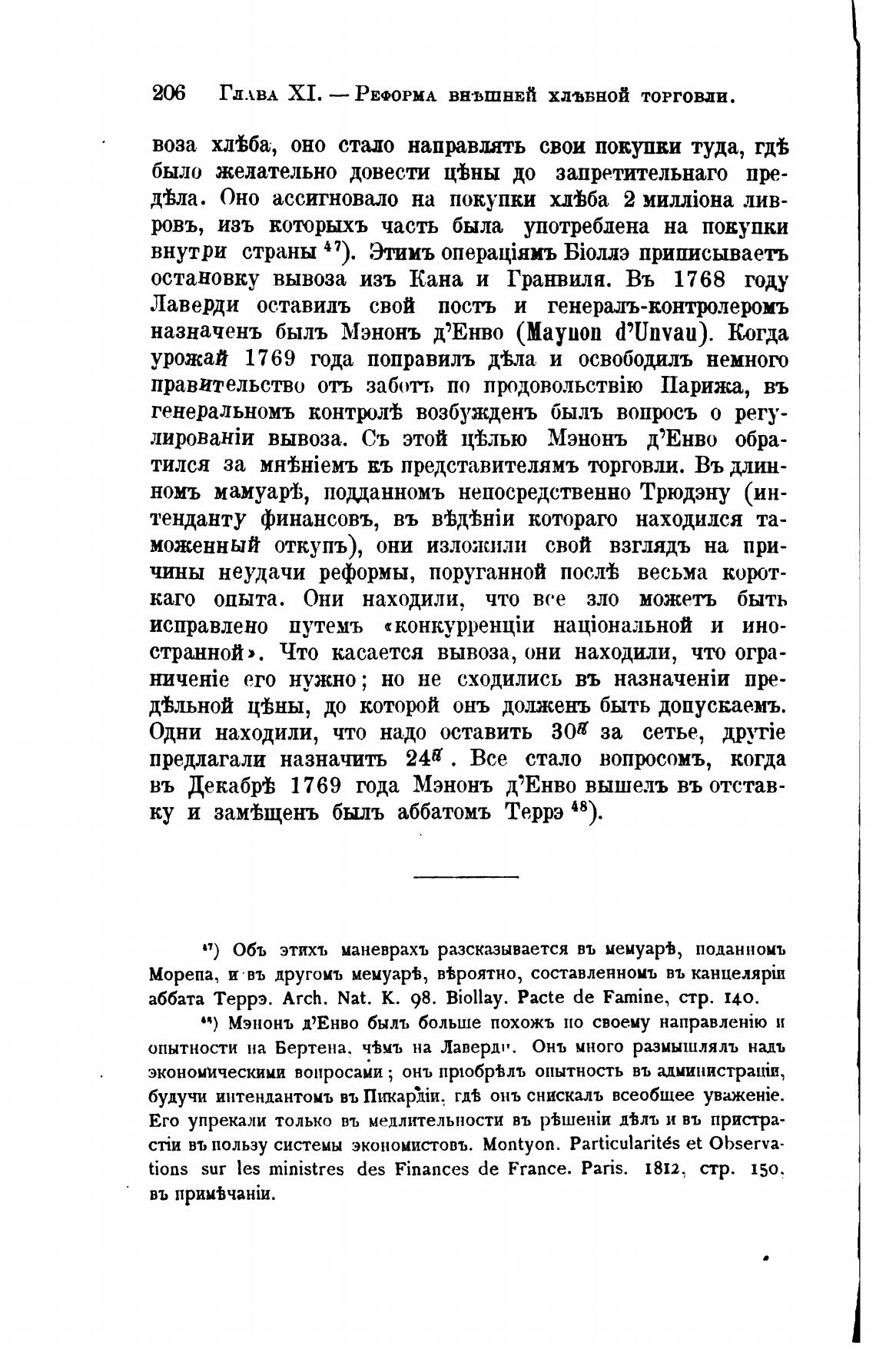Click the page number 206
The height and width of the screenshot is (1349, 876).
[x=169, y=95]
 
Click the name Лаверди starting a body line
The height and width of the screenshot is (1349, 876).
[x=195, y=305]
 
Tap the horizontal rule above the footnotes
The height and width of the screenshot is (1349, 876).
[x=466, y=876]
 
